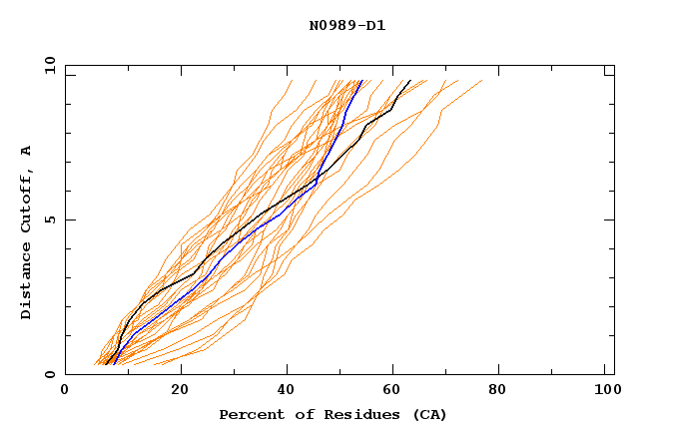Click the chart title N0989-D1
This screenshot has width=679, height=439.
(346, 25)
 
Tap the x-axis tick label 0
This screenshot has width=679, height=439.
(65, 391)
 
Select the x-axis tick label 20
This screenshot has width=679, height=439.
(180, 391)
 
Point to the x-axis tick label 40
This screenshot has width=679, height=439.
(288, 391)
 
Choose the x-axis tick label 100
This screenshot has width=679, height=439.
(605, 391)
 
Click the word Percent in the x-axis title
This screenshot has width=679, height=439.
(250, 414)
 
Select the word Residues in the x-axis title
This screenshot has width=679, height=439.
(351, 414)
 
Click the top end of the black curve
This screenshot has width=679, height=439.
(409, 81)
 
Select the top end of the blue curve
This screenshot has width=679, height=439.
(360, 81)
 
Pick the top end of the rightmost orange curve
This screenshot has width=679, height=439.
(481, 81)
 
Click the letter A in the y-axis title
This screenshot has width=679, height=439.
(26, 150)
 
